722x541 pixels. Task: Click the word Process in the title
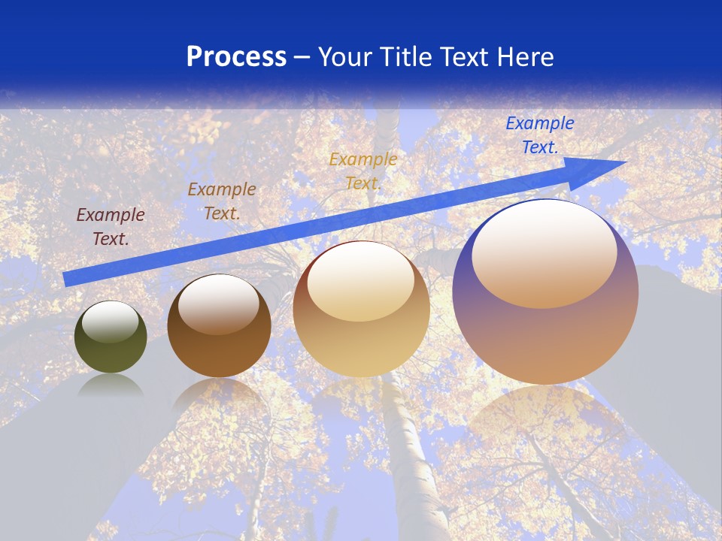pos(236,57)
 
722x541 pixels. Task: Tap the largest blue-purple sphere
pos(545,338)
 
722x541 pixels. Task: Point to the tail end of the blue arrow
pos(68,279)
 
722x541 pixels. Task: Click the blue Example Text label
pos(539,135)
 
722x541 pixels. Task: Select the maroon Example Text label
pos(111,226)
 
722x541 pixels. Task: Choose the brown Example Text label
pos(222,201)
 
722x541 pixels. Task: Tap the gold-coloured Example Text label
pos(363,171)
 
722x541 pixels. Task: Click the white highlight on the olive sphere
pos(111,322)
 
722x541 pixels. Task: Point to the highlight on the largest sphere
pos(545,252)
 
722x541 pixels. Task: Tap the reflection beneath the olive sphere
pos(111,385)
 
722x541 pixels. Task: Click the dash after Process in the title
pos(302,57)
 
